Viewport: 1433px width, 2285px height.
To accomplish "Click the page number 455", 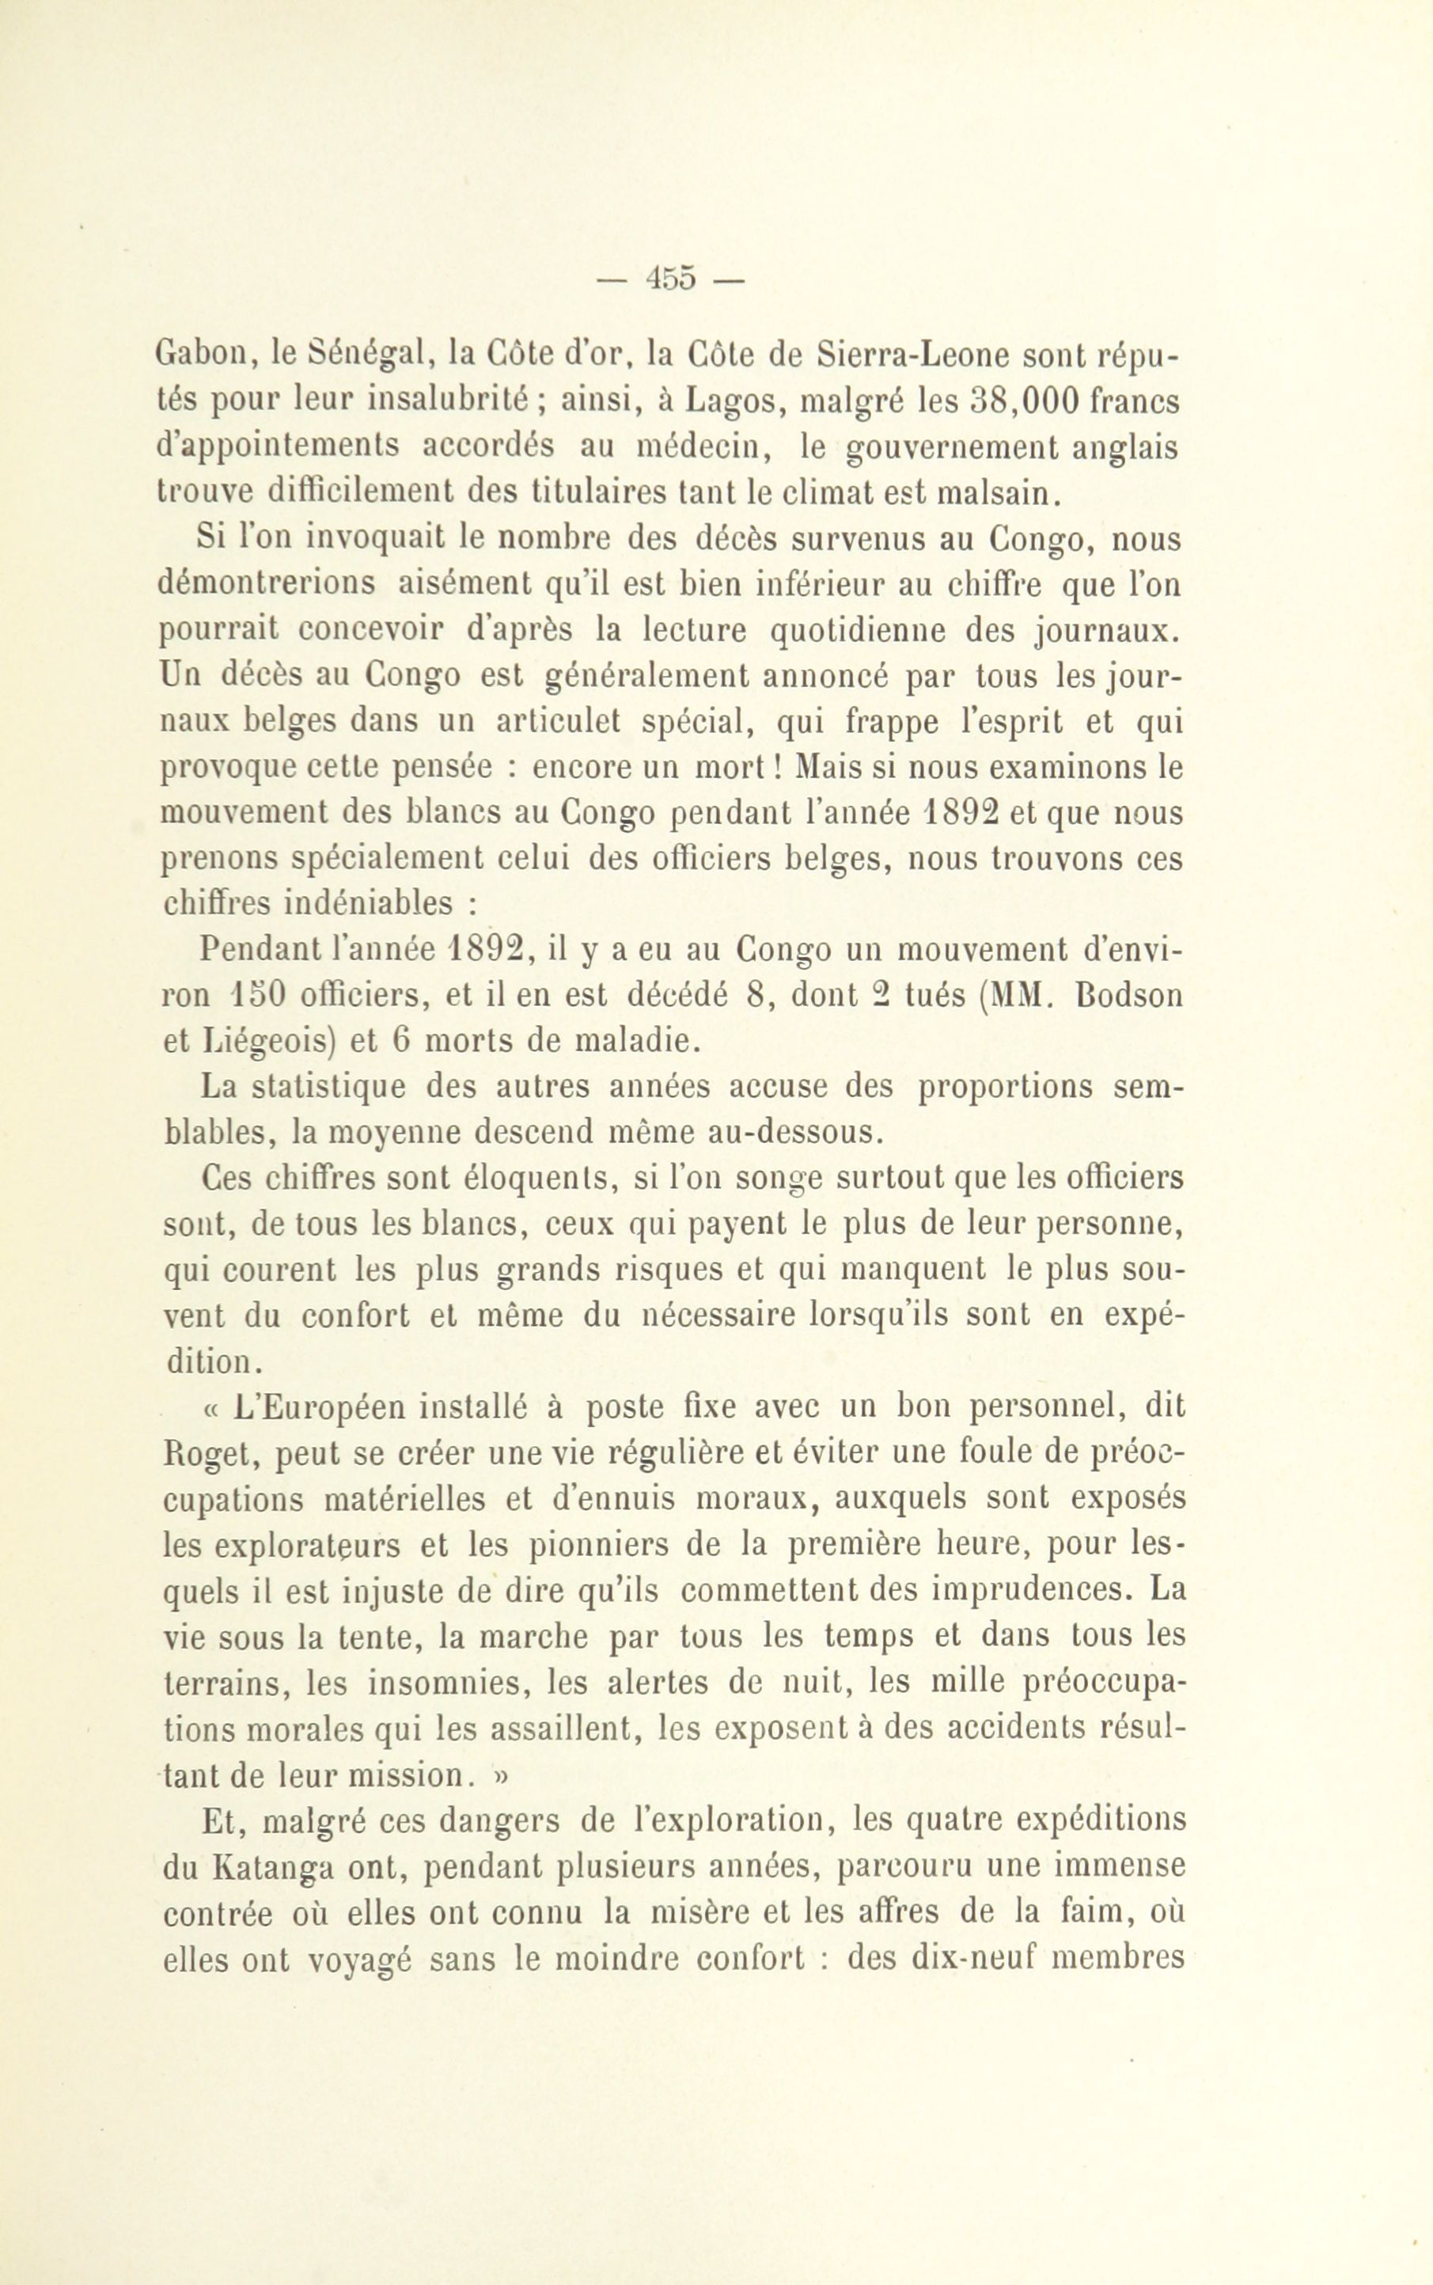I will (x=670, y=279).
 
